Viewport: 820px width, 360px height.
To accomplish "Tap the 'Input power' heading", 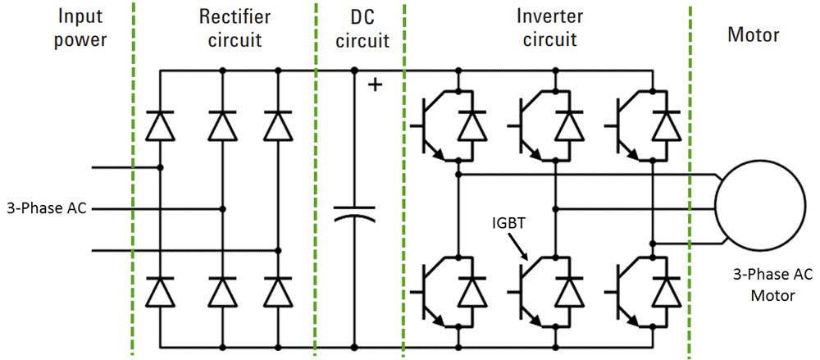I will coord(80,27).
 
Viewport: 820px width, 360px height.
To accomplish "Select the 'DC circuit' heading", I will coord(358,27).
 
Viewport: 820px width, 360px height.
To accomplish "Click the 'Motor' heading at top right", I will coord(754,35).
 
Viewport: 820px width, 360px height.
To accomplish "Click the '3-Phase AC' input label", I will coord(46,208).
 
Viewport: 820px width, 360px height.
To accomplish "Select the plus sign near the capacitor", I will coord(375,84).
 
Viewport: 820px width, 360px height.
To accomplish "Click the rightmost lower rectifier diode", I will coord(278,290).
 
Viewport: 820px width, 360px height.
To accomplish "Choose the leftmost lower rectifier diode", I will coord(160,290).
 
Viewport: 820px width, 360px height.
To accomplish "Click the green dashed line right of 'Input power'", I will coord(133,180).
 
